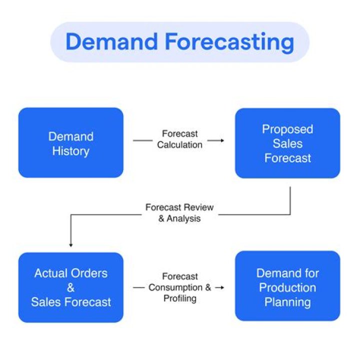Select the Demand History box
(x=70, y=143)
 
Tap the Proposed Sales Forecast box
(x=287, y=143)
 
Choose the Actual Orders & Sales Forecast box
(x=70, y=287)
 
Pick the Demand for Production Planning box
(x=287, y=287)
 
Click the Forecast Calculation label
(x=179, y=139)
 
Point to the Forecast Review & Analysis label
(x=179, y=212)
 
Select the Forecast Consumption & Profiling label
(x=179, y=287)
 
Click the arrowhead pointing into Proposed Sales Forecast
(x=221, y=141)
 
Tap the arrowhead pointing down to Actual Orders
(x=70, y=245)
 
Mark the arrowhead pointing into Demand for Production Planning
(x=221, y=288)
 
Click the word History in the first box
(x=70, y=151)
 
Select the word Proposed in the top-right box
(x=287, y=129)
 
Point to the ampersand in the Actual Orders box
(x=70, y=288)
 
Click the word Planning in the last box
(x=287, y=302)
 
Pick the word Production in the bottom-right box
(x=287, y=288)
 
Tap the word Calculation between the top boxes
(x=179, y=145)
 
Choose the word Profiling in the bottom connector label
(x=179, y=298)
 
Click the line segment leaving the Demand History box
(x=143, y=141)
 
